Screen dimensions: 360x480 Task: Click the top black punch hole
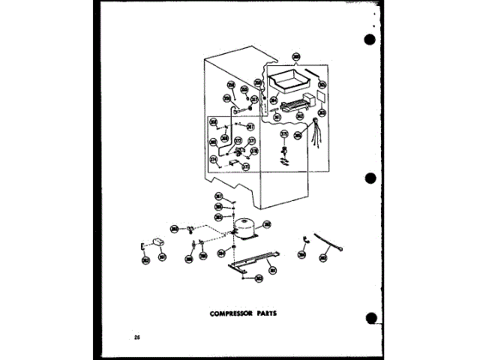tap(369, 40)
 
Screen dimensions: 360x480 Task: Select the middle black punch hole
tap(370, 179)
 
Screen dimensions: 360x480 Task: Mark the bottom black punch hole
tap(370, 319)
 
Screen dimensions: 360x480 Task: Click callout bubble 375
tap(283, 134)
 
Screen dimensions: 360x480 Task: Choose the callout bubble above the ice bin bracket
tap(296, 56)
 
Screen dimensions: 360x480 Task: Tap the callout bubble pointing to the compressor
tap(267, 223)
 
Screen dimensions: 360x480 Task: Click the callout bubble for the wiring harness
tap(298, 136)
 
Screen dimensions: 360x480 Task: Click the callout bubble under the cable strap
tap(323, 257)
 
